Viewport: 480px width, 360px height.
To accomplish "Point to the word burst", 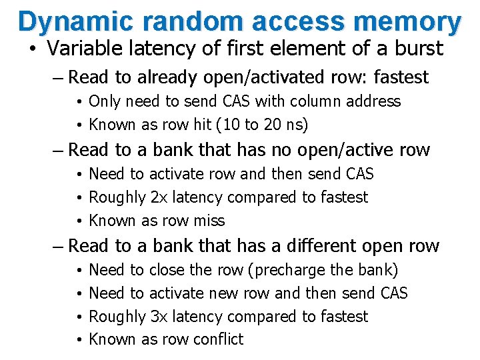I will pyautogui.click(x=417, y=49).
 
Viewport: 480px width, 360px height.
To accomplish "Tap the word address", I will pyautogui.click(x=374, y=101).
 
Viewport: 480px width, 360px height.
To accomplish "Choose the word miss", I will pyautogui.click(x=209, y=221).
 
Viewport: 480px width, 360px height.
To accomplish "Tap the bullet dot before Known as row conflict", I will pyautogui.click(x=79, y=340).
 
